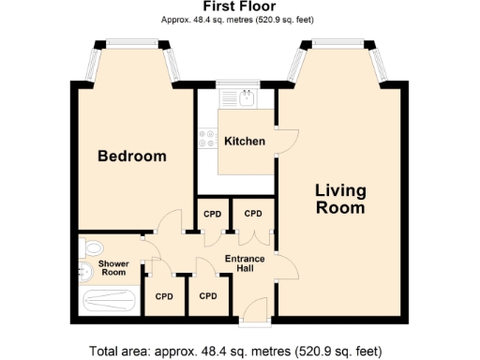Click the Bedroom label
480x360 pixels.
pyautogui.click(x=132, y=157)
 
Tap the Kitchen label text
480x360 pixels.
pyautogui.click(x=244, y=142)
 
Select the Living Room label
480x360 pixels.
pyautogui.click(x=339, y=199)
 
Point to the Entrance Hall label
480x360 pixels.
pyautogui.click(x=245, y=264)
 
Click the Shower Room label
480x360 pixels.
pyautogui.click(x=112, y=268)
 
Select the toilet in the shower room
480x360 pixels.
pyautogui.click(x=91, y=247)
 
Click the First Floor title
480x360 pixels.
pyautogui.click(x=238, y=7)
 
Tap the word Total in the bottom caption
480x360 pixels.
pyautogui.click(x=108, y=352)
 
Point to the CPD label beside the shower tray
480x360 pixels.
pyautogui.click(x=164, y=296)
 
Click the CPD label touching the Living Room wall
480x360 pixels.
pyautogui.click(x=253, y=214)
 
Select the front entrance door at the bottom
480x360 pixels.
pyautogui.click(x=254, y=309)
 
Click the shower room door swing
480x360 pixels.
pyautogui.click(x=151, y=251)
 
